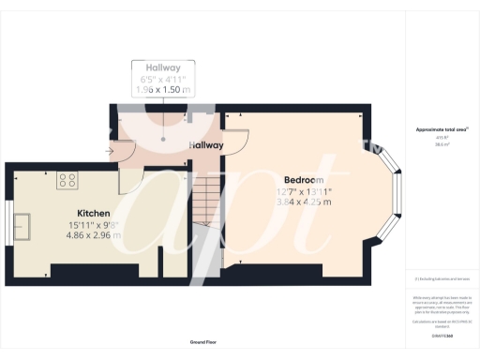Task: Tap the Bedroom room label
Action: (x=305, y=179)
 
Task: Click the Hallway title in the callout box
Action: (x=163, y=68)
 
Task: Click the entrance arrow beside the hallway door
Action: (x=112, y=149)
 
